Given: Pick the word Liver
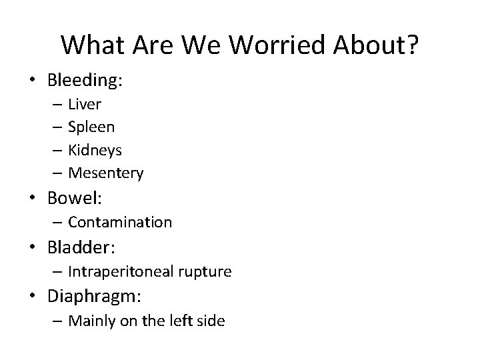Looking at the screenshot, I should pos(84,104).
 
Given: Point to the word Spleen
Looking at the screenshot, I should pos(91,127).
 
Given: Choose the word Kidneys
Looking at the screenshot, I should pos(95,150).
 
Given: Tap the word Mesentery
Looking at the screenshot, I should pos(105,173).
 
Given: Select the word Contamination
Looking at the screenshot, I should pos(120,222).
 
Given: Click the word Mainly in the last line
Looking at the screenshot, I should pos(91,321).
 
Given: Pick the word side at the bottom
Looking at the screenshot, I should pos(211,321).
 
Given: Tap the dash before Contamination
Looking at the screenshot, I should pos(56,222).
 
